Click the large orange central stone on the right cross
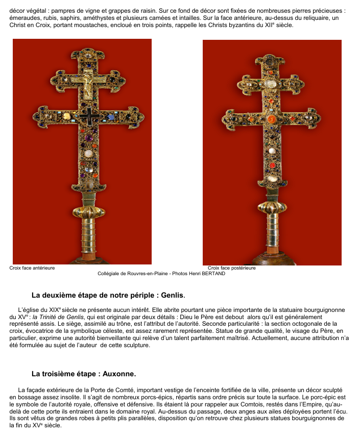click(271, 119)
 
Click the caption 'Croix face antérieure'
click(32, 268)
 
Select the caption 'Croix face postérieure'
click(231, 268)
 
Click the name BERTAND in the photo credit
click(212, 274)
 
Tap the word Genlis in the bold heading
click(172, 295)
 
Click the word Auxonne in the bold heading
click(119, 374)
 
